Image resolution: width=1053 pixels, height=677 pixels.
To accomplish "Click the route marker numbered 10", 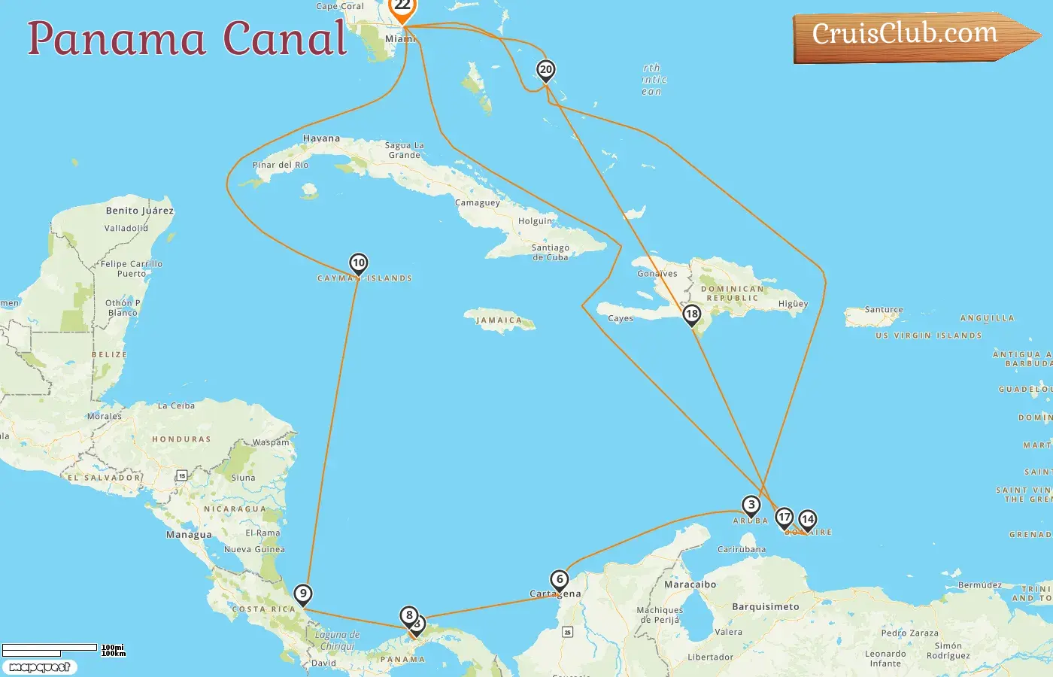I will pyautogui.click(x=359, y=263).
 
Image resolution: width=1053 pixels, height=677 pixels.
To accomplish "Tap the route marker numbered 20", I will pyautogui.click(x=546, y=70).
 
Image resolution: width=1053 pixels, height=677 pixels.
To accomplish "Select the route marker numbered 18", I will pyautogui.click(x=692, y=314).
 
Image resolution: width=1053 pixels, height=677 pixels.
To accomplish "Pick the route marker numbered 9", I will pyautogui.click(x=302, y=594).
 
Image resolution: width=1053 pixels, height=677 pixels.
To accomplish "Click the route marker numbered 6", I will pyautogui.click(x=560, y=580).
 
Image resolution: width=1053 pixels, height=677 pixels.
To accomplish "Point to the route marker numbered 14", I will pyautogui.click(x=808, y=519).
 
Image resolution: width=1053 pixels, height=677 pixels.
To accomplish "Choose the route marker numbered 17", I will pyautogui.click(x=784, y=517).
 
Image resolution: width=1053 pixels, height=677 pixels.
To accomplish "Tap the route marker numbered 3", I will pyautogui.click(x=751, y=505).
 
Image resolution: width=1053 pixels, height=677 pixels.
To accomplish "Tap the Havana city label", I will pyautogui.click(x=321, y=138).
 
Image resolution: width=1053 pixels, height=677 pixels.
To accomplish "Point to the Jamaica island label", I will pyautogui.click(x=499, y=320).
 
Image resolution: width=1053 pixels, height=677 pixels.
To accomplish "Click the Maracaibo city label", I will pyautogui.click(x=690, y=584).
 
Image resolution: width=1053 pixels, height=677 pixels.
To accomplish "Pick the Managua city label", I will pyautogui.click(x=189, y=535).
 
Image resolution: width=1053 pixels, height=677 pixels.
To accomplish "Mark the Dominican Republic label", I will pyautogui.click(x=732, y=293).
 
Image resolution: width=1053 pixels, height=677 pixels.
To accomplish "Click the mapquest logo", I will pyautogui.click(x=39, y=667).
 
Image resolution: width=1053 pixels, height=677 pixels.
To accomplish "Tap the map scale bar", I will pyautogui.click(x=50, y=649).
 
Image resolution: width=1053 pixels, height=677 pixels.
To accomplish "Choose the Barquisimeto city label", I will pyautogui.click(x=766, y=606).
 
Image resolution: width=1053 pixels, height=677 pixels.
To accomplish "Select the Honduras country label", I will pyautogui.click(x=181, y=439).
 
